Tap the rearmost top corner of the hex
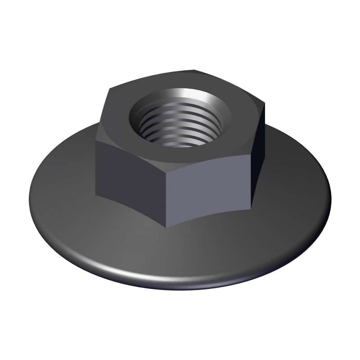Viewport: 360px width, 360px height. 196,70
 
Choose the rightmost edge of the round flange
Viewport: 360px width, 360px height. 331,198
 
